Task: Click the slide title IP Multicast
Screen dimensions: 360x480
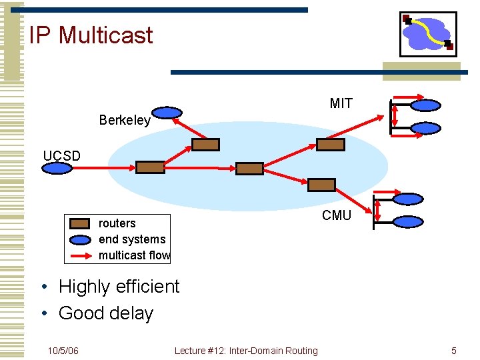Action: (91, 35)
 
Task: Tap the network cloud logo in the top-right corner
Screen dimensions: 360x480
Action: (428, 34)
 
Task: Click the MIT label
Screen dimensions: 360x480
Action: (341, 103)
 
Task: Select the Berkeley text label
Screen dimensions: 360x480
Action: (125, 121)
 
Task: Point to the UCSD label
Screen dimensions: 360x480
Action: (61, 156)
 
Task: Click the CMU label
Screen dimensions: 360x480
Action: (336, 215)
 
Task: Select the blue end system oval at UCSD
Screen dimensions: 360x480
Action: (57, 168)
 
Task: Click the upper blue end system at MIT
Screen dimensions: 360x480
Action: (425, 105)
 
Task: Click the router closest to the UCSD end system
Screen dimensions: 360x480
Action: (150, 167)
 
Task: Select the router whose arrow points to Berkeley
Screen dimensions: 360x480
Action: (205, 145)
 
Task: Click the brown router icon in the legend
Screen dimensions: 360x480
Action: (80, 224)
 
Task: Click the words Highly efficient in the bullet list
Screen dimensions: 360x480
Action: (119, 287)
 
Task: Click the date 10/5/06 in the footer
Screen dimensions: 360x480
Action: (63, 351)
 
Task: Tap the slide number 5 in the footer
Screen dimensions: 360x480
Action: (453, 351)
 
